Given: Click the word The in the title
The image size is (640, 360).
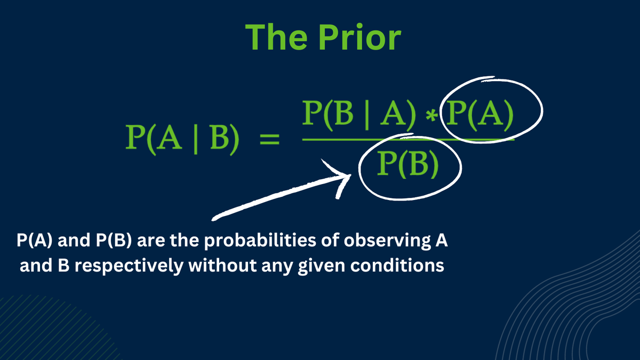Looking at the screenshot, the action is [x=276, y=37].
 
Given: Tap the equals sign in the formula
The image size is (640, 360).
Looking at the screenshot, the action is [x=269, y=139].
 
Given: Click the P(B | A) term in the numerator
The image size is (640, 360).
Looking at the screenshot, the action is [x=359, y=115].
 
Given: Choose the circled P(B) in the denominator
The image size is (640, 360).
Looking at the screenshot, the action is [x=407, y=164].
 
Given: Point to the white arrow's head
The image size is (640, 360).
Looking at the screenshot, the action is [x=350, y=175].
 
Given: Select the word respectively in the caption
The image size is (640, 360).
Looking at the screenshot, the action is [x=129, y=266].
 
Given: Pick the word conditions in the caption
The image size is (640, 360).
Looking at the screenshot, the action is [x=397, y=265].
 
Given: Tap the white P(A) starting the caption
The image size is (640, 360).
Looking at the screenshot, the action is [x=35, y=240].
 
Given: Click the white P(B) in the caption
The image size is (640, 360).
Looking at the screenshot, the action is [x=114, y=240].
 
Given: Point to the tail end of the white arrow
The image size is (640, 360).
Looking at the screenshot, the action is [x=213, y=219].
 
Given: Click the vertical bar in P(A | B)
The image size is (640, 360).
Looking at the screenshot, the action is [x=196, y=140].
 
